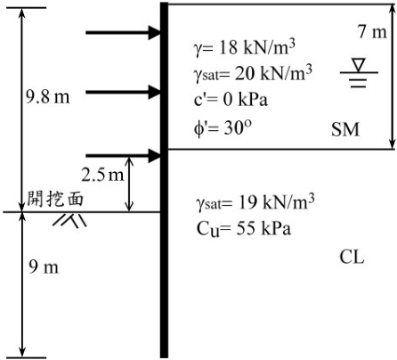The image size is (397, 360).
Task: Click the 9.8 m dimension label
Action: point(48,97)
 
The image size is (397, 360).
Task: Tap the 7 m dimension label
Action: point(373,32)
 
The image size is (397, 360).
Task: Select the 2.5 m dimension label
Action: point(102,175)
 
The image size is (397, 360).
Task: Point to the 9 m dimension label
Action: point(44,266)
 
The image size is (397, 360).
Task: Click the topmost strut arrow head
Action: point(154,32)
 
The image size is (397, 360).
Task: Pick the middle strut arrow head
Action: point(154,92)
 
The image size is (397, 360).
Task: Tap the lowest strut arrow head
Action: point(154,156)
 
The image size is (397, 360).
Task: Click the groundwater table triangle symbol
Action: point(359,65)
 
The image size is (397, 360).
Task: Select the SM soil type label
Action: point(345,129)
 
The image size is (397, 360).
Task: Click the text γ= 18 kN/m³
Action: point(244,48)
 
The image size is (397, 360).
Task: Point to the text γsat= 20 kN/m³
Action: point(253,73)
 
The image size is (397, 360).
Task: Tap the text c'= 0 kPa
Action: point(231,100)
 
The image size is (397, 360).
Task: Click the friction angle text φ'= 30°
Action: point(223,128)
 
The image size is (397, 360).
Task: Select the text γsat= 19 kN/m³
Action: point(255,202)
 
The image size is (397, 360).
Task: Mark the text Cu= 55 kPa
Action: point(244,229)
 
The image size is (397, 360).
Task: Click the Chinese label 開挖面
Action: point(55,199)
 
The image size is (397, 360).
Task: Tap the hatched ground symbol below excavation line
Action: point(70,220)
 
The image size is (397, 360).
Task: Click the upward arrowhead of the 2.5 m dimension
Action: point(129,161)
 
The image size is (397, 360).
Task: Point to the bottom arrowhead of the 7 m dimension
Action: point(393,144)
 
